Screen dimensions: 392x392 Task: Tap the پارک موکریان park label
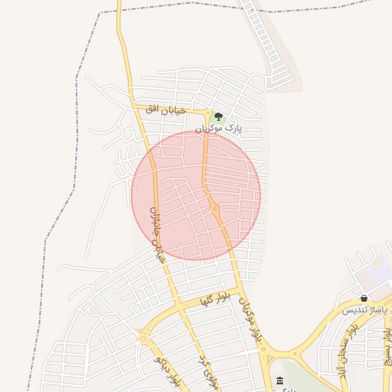218,129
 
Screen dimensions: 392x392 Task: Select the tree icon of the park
219,116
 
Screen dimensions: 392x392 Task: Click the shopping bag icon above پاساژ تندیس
364,298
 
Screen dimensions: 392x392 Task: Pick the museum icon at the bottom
279,381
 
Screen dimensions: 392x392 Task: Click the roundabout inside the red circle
215,208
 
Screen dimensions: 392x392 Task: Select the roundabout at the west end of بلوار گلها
142,334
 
